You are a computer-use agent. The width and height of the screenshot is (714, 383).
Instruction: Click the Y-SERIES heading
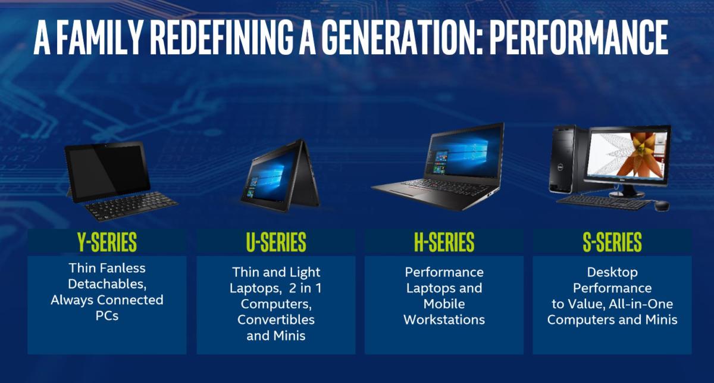click(107, 242)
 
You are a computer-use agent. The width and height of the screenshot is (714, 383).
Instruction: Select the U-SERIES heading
click(276, 242)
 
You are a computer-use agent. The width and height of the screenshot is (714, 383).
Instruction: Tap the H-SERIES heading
click(444, 242)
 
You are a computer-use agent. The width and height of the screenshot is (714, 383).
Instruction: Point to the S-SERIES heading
click(612, 242)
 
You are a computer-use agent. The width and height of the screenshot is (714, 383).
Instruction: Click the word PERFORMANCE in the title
click(578, 38)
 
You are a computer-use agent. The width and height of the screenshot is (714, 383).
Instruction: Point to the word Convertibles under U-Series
click(276, 320)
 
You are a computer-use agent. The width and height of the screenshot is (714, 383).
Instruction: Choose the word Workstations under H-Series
click(444, 320)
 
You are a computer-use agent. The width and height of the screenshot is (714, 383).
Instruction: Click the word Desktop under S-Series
click(612, 272)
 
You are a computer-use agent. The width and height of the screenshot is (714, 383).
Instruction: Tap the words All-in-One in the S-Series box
click(641, 304)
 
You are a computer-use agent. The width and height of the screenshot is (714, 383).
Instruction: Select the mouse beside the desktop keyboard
click(662, 205)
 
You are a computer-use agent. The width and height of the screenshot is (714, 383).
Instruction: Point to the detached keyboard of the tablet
click(131, 205)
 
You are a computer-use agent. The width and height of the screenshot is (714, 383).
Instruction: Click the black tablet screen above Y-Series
click(108, 171)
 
